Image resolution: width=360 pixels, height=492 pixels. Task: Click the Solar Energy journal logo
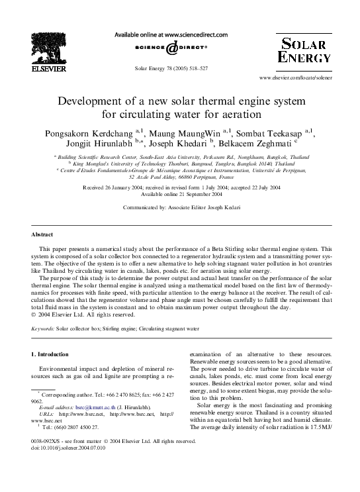click(304, 51)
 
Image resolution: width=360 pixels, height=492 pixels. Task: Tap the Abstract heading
click(44, 234)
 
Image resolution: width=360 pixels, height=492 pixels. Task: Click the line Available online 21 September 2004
click(180, 194)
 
